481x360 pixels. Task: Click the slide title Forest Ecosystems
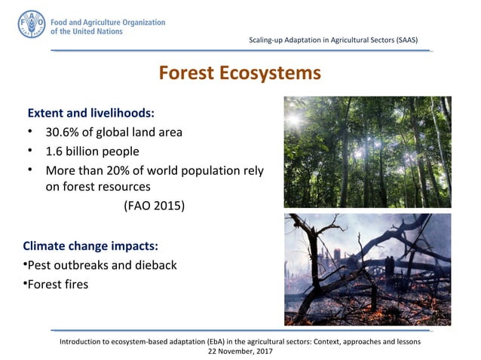(x=240, y=73)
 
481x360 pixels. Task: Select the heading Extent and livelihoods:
(x=91, y=113)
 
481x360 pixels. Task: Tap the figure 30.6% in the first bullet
(x=64, y=132)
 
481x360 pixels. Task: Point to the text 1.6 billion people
(x=92, y=151)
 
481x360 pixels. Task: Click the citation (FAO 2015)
(x=153, y=205)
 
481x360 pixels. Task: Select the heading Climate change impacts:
(x=94, y=246)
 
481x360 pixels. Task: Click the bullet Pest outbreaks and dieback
(x=102, y=265)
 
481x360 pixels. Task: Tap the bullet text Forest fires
(x=57, y=284)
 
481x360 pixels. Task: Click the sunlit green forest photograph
(x=367, y=152)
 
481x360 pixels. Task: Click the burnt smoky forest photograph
(x=367, y=270)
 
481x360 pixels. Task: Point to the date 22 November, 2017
(x=240, y=351)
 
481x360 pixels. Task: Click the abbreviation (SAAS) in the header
(x=403, y=39)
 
